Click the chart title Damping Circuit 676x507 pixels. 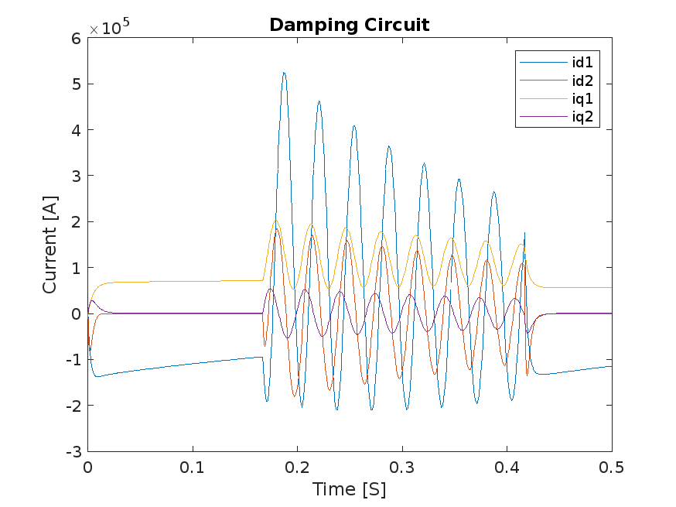point(349,25)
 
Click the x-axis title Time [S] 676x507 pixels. point(349,490)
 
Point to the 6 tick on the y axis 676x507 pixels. point(76,38)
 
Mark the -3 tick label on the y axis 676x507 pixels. point(73,451)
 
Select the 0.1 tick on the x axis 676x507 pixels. point(193,468)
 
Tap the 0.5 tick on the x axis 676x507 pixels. point(611,468)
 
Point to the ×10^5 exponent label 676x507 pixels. point(109,28)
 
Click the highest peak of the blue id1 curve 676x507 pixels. point(284,73)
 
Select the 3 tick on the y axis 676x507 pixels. point(76,176)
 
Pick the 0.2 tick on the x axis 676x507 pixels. point(297,468)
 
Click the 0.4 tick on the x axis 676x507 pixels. point(507,468)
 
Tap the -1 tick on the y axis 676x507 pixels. point(73,360)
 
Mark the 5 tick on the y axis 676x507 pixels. point(76,84)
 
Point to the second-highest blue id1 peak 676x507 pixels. point(319,101)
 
